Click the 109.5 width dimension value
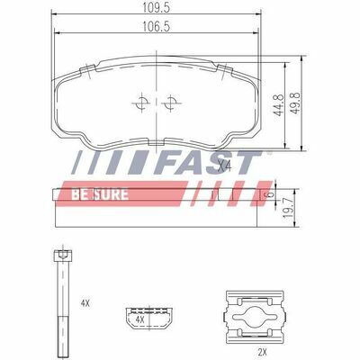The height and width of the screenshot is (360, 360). point(156,8)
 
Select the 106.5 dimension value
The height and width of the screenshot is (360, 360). point(156,26)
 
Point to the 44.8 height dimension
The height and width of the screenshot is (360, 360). point(279,104)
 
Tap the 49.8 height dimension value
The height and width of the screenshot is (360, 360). point(296,103)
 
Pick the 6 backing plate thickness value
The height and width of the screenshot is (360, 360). point(270,194)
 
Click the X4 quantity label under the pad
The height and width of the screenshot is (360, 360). point(224,166)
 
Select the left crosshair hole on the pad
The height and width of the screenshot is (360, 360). point(141,103)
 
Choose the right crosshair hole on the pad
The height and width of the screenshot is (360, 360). point(171,103)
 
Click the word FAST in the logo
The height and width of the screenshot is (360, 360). point(208,163)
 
